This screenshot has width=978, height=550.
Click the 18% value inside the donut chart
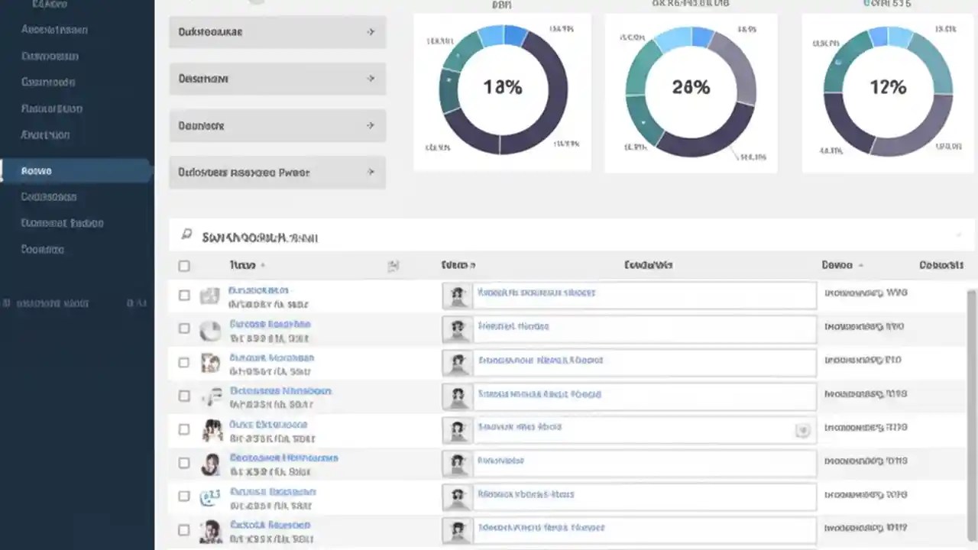(x=502, y=87)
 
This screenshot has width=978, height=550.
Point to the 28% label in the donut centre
(x=691, y=87)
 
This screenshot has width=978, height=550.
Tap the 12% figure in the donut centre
(x=887, y=87)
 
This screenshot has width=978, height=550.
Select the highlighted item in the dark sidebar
(x=76, y=170)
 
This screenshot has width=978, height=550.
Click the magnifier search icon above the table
(x=186, y=235)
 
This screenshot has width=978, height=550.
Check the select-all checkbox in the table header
(x=184, y=266)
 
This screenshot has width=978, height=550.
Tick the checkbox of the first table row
(x=184, y=295)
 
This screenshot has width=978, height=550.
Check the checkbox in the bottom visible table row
(x=184, y=529)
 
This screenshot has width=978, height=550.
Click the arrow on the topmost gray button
(x=371, y=32)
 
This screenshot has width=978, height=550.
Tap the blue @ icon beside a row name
(x=209, y=497)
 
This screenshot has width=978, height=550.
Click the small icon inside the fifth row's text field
(x=802, y=431)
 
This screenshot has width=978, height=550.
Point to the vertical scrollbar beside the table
(x=972, y=412)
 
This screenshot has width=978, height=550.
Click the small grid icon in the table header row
(x=393, y=266)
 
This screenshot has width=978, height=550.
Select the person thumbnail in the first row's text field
(x=458, y=296)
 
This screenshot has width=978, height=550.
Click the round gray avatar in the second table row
(x=210, y=330)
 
